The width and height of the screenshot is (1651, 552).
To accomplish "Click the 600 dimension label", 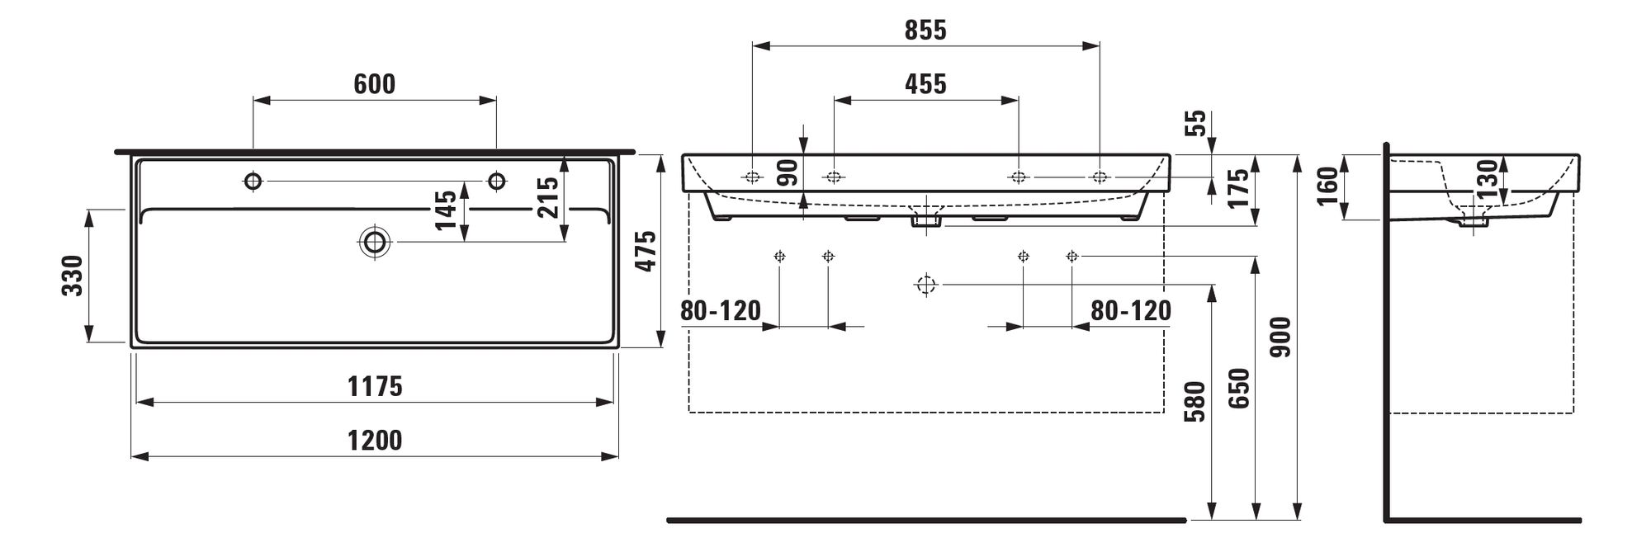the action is coord(375,84).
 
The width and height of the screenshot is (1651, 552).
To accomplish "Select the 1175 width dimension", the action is coord(375,386).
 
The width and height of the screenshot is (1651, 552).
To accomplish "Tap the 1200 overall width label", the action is coord(375,441).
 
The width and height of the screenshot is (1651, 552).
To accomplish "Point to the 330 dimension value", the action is coord(73,276).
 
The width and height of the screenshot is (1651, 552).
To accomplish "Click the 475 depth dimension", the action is coord(645,251).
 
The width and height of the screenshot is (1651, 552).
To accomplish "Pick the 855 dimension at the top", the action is coord(925,31).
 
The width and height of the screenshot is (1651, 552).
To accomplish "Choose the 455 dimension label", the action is coord(925,84).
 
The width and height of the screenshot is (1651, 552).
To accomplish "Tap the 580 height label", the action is coord(1194,401).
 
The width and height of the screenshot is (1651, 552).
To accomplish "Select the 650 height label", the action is coord(1240,389).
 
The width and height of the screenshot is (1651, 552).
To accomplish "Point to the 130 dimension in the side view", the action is coord(1486,178).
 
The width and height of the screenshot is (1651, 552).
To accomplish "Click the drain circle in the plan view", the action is coord(376,242).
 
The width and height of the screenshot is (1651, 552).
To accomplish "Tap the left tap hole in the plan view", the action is coord(253,181).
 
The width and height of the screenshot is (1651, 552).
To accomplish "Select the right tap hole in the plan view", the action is coord(497,181).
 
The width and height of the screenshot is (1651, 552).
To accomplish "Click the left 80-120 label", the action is coord(721,311).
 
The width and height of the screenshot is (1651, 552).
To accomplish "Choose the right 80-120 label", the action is coord(1131,310).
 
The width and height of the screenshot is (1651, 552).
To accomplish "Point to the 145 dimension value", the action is coord(445,210).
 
